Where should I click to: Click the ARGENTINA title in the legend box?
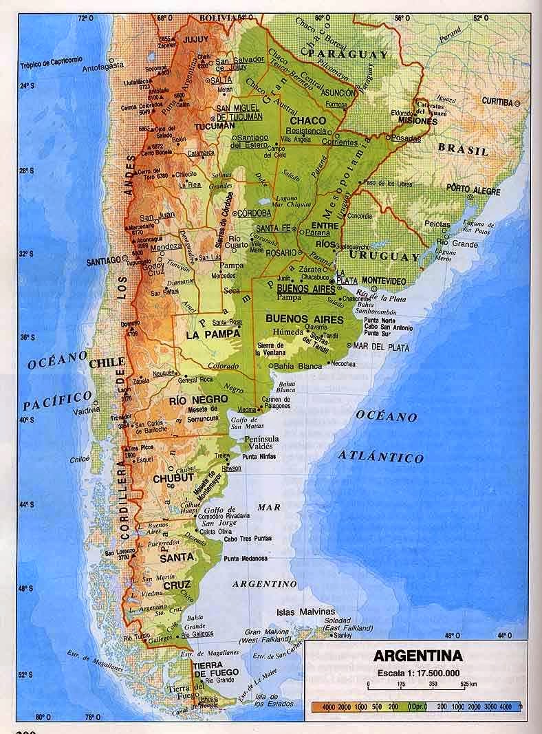417,655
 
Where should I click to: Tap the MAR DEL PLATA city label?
381,348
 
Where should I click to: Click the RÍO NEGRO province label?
188,399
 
